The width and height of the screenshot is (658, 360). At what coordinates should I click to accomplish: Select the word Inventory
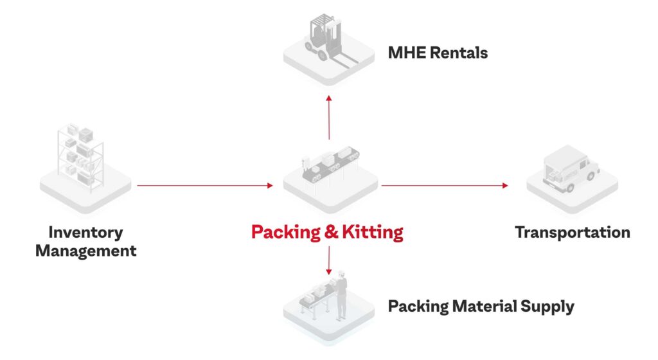(x=86, y=233)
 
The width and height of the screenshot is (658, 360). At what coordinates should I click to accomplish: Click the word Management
(x=86, y=251)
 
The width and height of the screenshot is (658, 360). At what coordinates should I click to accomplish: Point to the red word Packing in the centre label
(x=286, y=233)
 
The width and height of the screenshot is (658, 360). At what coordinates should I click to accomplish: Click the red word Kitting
(x=373, y=233)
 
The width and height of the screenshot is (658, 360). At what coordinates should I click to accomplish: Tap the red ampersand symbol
(x=331, y=232)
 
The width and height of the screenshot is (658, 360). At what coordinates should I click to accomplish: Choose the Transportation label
(x=573, y=233)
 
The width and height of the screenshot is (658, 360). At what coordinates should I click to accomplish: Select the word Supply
(x=547, y=307)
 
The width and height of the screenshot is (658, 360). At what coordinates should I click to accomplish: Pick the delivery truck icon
(x=571, y=168)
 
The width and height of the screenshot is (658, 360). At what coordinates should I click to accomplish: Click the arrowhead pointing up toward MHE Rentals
(x=329, y=98)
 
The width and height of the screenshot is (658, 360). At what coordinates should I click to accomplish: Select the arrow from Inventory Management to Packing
(x=205, y=185)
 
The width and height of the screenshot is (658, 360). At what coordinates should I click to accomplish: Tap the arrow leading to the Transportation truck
(x=445, y=185)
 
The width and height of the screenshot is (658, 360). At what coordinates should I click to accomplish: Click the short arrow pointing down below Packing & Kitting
(x=329, y=260)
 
